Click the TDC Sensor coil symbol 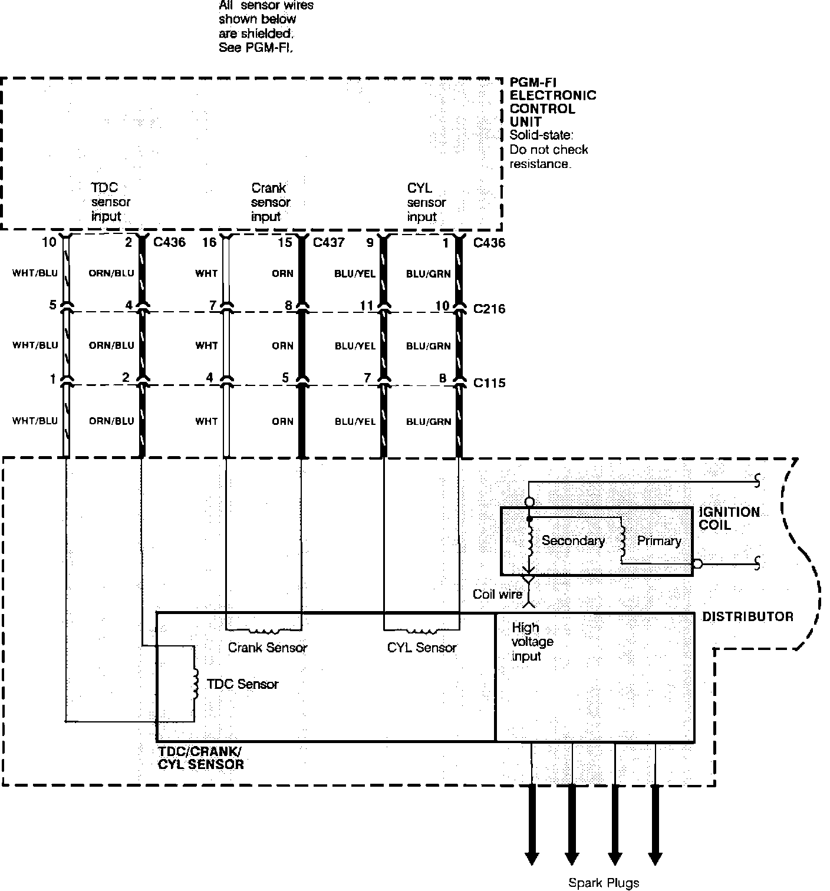(x=195, y=684)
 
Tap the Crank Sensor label (x=268, y=648)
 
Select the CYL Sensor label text (x=421, y=648)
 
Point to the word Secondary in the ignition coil (x=573, y=540)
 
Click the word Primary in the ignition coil (x=659, y=540)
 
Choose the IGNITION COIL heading (x=729, y=519)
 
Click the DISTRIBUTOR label (x=747, y=616)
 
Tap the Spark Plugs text (x=604, y=883)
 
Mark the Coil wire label (x=498, y=594)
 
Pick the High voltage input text (x=532, y=642)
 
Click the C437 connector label (x=328, y=242)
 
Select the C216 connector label (x=489, y=309)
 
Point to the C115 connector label (x=489, y=383)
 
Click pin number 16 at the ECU (x=209, y=242)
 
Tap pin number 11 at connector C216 (x=367, y=306)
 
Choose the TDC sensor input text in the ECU (x=110, y=202)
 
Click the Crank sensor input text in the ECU (x=270, y=202)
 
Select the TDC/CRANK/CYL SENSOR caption (x=200, y=758)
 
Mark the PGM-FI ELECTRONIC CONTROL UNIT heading (x=552, y=102)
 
